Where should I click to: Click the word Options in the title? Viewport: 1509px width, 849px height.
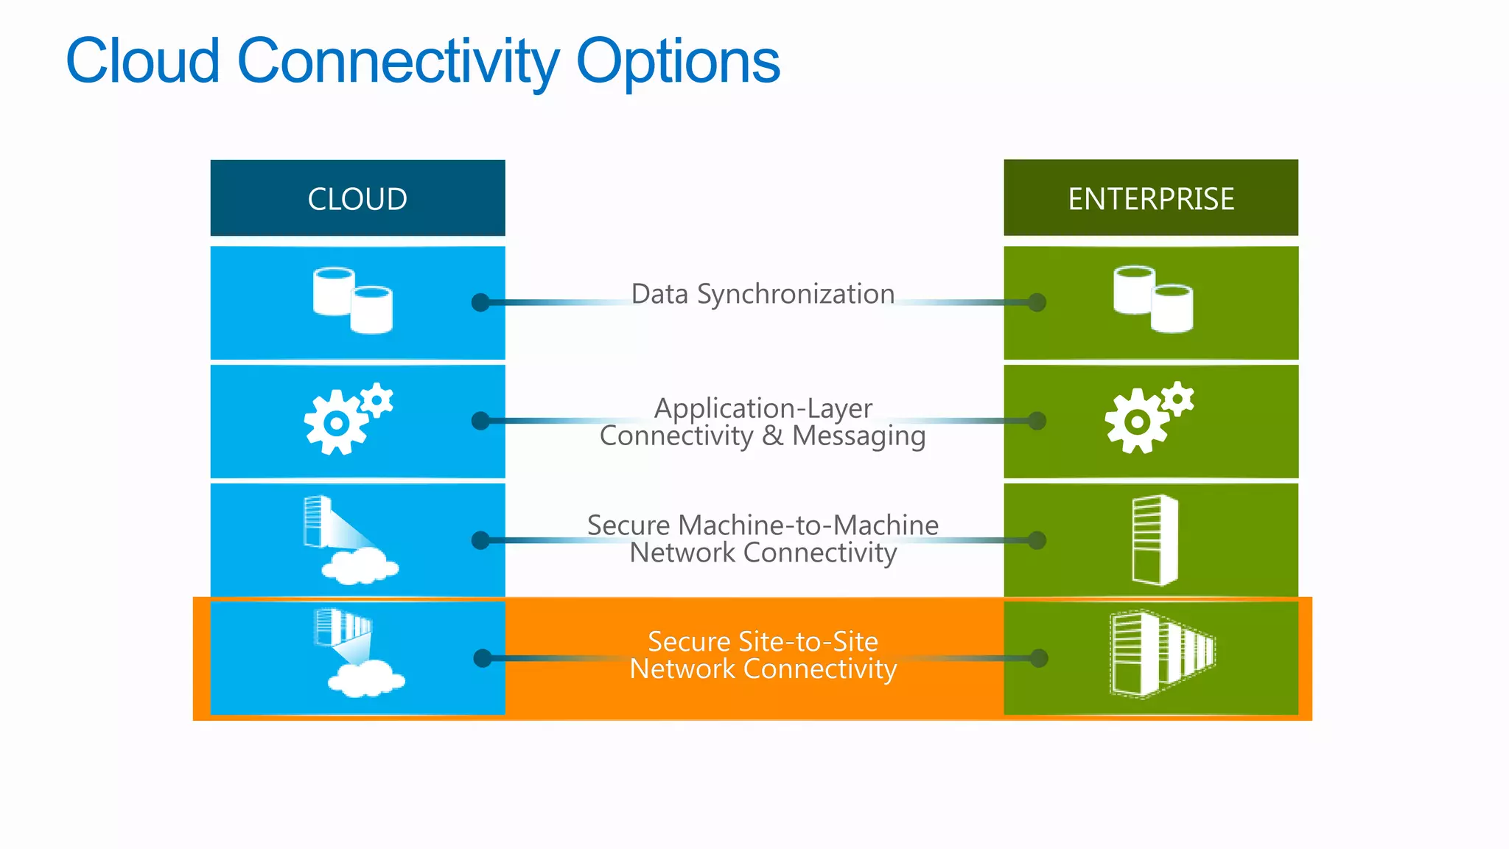(x=677, y=62)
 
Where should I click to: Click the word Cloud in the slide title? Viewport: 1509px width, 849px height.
(x=143, y=60)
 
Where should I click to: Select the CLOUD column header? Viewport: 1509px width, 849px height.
(x=357, y=198)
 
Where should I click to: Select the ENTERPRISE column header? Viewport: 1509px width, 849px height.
(x=1151, y=198)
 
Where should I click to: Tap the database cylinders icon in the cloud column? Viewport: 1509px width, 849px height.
(x=352, y=301)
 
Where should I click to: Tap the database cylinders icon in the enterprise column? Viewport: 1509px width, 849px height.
(x=1152, y=299)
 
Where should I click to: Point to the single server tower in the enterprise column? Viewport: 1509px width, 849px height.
(x=1155, y=540)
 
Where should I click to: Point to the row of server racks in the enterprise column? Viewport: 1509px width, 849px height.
(x=1161, y=654)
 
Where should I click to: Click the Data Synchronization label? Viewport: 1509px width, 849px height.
(x=763, y=294)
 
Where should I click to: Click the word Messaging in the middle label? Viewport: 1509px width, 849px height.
(x=858, y=436)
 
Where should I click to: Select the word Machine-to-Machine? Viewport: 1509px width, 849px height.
(x=808, y=525)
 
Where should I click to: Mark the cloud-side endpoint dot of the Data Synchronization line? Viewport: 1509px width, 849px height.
(x=480, y=302)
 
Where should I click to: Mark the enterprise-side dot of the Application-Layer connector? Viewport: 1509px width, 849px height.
(x=1037, y=421)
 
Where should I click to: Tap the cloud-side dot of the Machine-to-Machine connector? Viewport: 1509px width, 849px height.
(x=480, y=540)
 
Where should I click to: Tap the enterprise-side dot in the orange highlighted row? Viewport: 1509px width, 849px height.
(x=1039, y=658)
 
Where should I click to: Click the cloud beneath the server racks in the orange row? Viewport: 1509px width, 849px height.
(x=366, y=679)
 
